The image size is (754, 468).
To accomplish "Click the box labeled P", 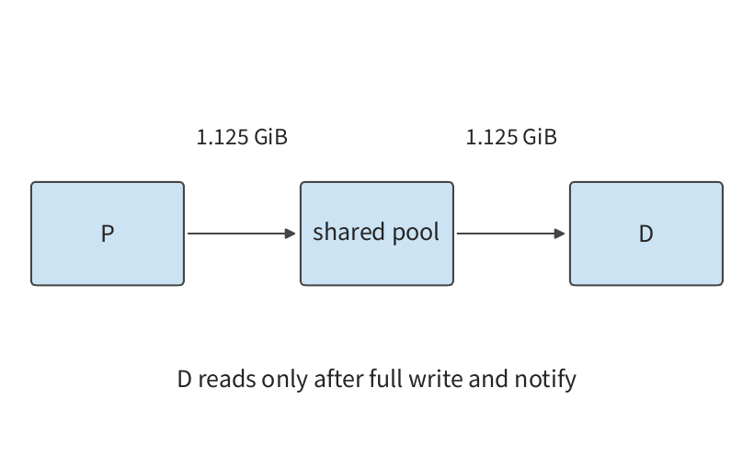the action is (x=108, y=234).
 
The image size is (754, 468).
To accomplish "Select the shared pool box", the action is (x=377, y=234).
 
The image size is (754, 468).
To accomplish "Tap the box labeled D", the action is (x=646, y=234).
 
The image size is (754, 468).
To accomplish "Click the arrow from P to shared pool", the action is (x=242, y=234).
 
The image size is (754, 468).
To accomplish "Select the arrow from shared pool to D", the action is (x=510, y=234).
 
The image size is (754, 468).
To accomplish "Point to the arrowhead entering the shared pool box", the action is (x=291, y=234).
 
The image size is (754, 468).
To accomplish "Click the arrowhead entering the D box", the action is (x=560, y=234).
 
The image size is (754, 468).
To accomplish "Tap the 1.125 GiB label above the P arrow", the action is (x=243, y=137).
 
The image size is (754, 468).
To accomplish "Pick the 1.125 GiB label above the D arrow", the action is (x=511, y=137).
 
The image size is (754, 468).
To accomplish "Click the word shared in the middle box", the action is (x=349, y=232).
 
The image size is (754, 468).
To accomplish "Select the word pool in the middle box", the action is (x=416, y=233).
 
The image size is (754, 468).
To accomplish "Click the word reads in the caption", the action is (x=227, y=379).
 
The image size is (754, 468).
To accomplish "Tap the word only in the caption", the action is (x=285, y=380).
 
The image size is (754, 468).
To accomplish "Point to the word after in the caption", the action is (x=339, y=379).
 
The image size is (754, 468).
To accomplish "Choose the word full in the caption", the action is (x=385, y=379).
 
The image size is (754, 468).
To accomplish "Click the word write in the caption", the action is (x=436, y=379).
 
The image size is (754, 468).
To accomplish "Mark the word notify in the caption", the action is (x=545, y=380).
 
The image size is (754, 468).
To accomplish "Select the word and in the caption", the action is (x=488, y=379).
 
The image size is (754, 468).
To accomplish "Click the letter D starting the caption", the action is (x=185, y=379).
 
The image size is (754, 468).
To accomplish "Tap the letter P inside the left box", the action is (x=108, y=234).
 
